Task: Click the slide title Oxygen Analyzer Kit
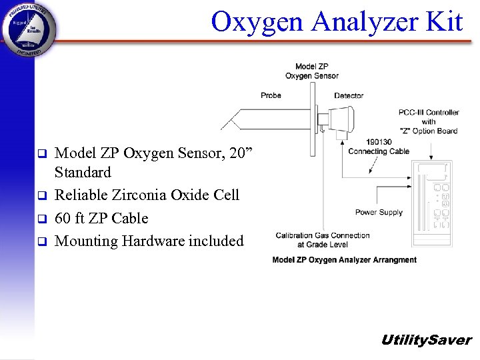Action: pyautogui.click(x=337, y=23)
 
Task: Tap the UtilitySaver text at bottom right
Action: pyautogui.click(x=426, y=340)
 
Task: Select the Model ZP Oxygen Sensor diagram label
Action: pyautogui.click(x=312, y=71)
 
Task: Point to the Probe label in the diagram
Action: pyautogui.click(x=271, y=95)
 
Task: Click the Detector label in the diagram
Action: pyautogui.click(x=349, y=95)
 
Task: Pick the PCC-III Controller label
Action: pyautogui.click(x=429, y=121)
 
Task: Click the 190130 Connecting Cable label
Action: pyautogui.click(x=379, y=147)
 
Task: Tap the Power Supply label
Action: pyautogui.click(x=379, y=213)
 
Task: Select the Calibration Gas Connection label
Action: pyautogui.click(x=323, y=239)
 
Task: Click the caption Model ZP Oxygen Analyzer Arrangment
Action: pyautogui.click(x=344, y=260)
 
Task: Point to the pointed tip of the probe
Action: pyautogui.click(x=225, y=124)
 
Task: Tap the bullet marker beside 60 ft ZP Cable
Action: pyautogui.click(x=41, y=219)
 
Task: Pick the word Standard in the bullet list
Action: pyautogui.click(x=83, y=173)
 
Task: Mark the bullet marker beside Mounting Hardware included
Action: pyautogui.click(x=41, y=241)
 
